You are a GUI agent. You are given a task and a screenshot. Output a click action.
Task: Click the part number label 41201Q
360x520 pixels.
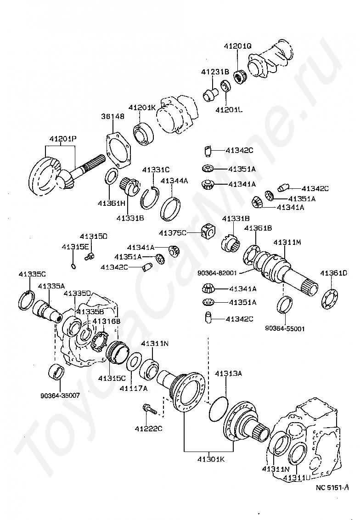pos(237,46)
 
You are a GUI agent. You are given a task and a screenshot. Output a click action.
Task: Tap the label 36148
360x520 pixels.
pos(112,117)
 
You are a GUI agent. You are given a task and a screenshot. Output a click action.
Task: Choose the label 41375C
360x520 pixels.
pos(173,233)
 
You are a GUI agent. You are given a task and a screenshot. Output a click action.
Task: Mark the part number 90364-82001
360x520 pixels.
pos(217,272)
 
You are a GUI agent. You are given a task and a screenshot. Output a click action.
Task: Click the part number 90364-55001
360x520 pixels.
pos(285,328)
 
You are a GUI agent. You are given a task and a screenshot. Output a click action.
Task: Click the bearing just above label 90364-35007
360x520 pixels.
pos(57,371)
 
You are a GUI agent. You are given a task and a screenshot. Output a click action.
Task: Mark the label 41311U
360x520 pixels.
pos(296,478)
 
